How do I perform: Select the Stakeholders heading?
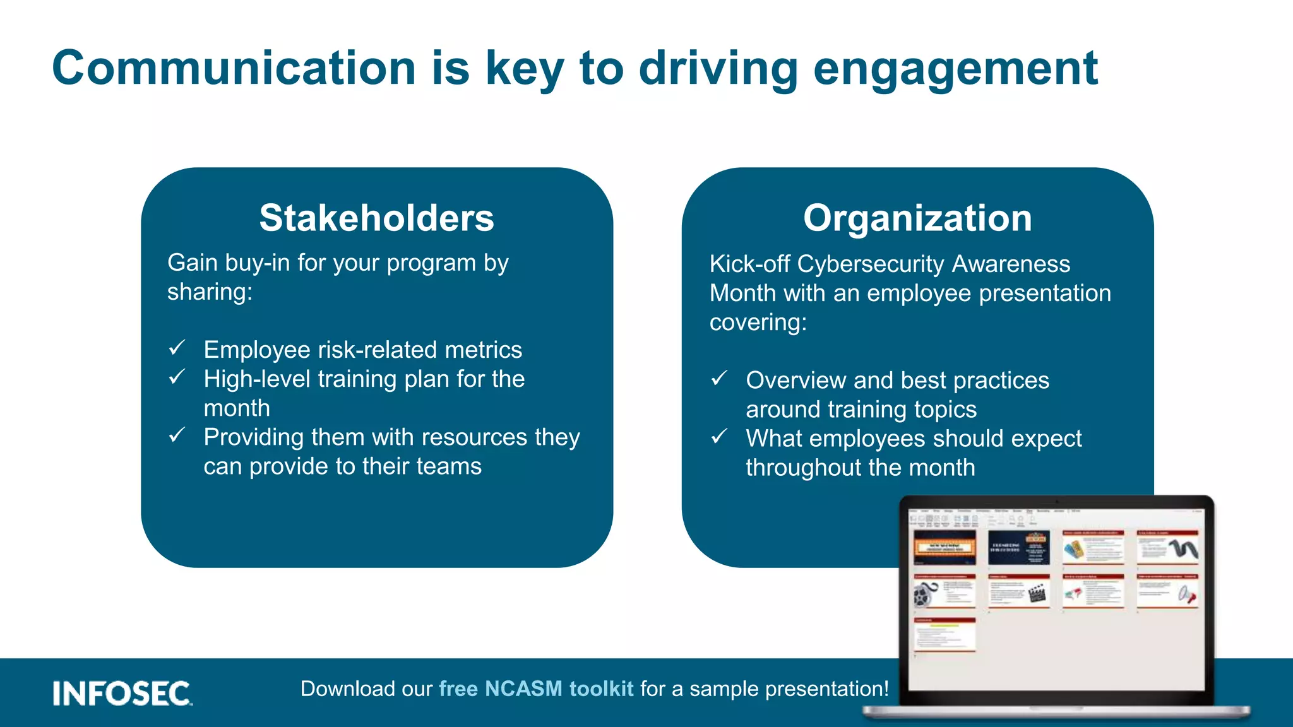coord(376,218)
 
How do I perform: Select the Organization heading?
coord(917,218)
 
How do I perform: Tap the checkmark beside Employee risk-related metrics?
coord(177,348)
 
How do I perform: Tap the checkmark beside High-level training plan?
coord(177,377)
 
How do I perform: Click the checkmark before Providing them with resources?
coord(177,435)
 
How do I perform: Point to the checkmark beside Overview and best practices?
coord(719,378)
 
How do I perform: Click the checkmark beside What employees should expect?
coord(719,436)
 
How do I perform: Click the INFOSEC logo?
coord(122,693)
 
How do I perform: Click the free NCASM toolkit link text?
coord(535,689)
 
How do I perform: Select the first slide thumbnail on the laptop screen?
coord(944,547)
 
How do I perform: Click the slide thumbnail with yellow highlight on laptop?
coord(944,634)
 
